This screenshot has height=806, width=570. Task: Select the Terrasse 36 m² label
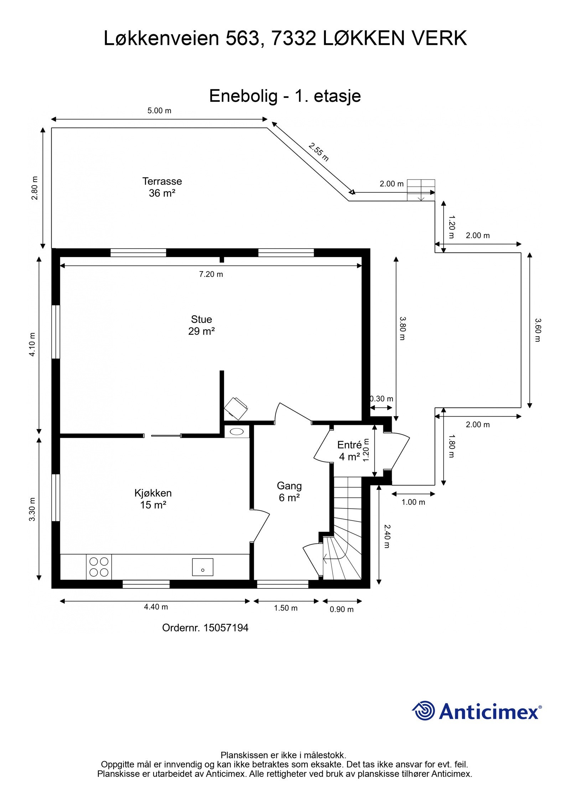coord(162,187)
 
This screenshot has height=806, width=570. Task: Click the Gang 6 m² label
coord(289,492)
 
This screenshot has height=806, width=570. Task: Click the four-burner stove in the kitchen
coord(99,567)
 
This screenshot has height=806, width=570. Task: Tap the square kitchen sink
coord(203,567)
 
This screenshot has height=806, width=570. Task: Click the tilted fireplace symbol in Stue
coord(235,409)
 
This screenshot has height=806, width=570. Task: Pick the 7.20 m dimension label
coord(211,274)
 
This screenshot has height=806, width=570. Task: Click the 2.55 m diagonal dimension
coord(318,152)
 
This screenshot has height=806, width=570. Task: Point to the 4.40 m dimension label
coord(156,607)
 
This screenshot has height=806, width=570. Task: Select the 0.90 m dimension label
coord(342,609)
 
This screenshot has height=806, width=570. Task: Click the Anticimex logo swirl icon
coord(424,711)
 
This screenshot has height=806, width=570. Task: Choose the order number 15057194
coord(226,628)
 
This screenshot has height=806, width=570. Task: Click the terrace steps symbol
coord(421,190)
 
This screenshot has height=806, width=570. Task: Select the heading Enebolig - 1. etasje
coord(285,96)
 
